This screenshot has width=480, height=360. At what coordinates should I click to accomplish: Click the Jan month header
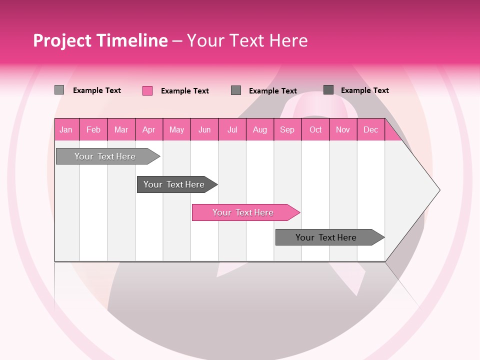[x=66, y=129]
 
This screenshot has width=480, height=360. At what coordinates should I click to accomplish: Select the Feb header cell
[x=93, y=129]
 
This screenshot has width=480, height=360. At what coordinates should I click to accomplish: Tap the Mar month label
[x=121, y=129]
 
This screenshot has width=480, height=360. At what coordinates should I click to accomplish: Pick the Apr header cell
[x=149, y=129]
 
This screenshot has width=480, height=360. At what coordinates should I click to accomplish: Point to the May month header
[x=176, y=129]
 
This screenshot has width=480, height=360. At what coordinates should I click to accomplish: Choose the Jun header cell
[x=204, y=129]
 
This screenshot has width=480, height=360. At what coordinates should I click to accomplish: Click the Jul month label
[x=232, y=129]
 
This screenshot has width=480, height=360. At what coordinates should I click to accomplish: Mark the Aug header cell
[x=260, y=129]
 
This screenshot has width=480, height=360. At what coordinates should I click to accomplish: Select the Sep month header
[x=287, y=129]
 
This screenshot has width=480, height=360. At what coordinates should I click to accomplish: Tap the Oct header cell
[x=315, y=129]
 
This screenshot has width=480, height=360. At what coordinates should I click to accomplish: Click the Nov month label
[x=343, y=129]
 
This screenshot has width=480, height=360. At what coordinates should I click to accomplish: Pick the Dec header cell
[x=371, y=129]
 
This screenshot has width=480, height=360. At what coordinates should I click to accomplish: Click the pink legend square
[x=147, y=90]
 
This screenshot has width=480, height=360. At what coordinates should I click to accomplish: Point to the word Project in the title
[x=63, y=40]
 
